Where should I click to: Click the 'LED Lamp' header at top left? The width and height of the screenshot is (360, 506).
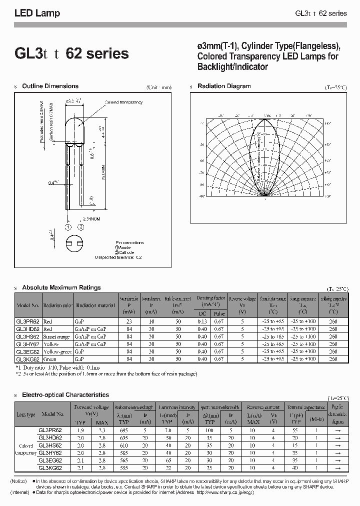(37, 13)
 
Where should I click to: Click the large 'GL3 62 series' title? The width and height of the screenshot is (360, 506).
(71, 53)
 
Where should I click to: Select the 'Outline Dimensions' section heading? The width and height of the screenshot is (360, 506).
(50, 86)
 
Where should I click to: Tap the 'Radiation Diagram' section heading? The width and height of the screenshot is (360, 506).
(224, 86)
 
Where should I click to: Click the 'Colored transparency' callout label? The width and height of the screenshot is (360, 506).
(123, 102)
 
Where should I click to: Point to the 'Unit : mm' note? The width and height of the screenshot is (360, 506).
(159, 87)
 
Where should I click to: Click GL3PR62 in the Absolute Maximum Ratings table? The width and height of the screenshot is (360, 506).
(28, 322)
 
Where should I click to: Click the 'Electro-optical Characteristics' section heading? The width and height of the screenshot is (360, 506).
(65, 395)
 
